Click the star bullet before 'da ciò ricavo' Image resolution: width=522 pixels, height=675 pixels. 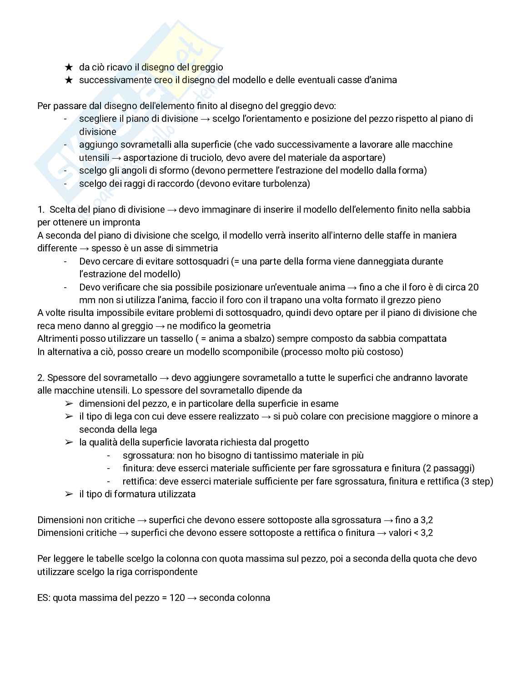(x=69, y=67)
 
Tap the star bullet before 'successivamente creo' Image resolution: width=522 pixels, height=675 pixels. (x=69, y=80)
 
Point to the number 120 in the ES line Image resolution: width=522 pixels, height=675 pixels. (x=177, y=597)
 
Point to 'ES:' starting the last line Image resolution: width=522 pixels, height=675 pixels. (x=44, y=597)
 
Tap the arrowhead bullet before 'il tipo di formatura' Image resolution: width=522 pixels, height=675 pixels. (x=69, y=494)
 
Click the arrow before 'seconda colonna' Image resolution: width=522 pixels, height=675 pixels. (x=192, y=597)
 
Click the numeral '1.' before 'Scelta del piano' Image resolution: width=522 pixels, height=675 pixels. (x=41, y=210)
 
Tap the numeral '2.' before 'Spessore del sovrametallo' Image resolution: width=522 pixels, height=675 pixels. (x=41, y=378)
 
